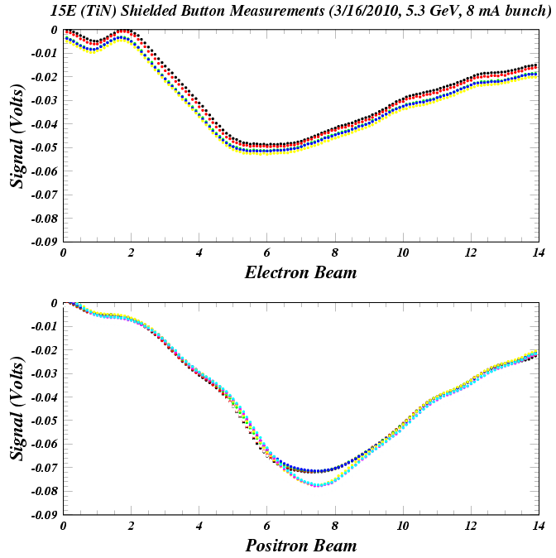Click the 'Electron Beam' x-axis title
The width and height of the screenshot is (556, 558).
[x=300, y=272]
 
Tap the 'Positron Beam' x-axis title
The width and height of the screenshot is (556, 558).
[x=300, y=546]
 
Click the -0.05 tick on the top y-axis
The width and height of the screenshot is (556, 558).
[x=43, y=148]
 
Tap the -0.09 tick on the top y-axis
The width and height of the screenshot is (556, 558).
[x=43, y=243]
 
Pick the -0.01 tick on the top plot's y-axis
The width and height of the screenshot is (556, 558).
[x=43, y=54]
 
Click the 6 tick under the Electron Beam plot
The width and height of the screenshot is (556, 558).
[x=266, y=253]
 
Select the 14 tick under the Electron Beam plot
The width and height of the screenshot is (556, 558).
[x=537, y=253]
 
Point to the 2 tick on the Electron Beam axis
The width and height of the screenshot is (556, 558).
[x=132, y=253]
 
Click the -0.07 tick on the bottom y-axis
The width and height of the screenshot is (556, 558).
[x=43, y=469]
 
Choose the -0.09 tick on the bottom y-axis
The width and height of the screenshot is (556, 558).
[x=43, y=515]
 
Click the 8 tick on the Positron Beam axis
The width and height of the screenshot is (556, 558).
[x=334, y=526]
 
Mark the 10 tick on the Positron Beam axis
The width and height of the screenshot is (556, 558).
[x=402, y=526]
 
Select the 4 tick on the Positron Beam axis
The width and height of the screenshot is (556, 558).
[x=199, y=526]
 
